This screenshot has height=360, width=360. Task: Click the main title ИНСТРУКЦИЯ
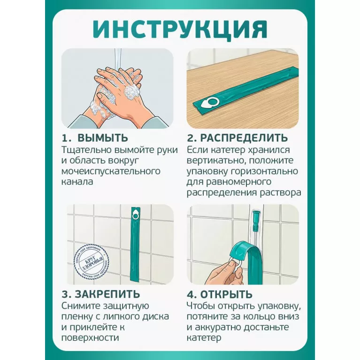[180, 30]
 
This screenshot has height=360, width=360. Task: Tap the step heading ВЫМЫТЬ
[102, 138]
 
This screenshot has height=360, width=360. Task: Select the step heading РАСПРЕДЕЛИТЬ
[244, 138]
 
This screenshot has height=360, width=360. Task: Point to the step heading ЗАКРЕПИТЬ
[107, 294]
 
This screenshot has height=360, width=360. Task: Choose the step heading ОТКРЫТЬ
[226, 294]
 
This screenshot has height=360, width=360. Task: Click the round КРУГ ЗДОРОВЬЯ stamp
[92, 261]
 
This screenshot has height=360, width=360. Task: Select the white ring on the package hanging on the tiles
[135, 216]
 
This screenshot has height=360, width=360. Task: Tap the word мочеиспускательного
[111, 171]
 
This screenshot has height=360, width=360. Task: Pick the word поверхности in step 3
[90, 338]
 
